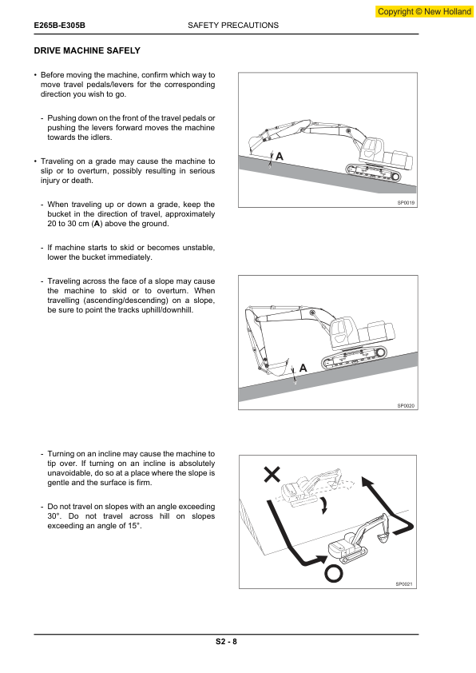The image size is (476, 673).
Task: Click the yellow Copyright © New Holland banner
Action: pos(425,11)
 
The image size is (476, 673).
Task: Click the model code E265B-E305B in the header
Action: pos(60,26)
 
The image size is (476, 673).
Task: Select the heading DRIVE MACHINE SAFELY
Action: pos(87,50)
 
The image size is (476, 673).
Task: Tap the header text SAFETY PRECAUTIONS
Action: pos(233,26)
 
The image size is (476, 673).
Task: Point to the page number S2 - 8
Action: pos(227,642)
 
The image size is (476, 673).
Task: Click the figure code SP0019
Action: pos(406,202)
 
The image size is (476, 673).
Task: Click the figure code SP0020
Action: pos(406,405)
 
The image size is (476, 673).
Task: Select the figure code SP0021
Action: pos(404,584)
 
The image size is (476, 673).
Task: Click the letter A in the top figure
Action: pos(280,156)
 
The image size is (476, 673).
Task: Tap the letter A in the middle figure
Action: pos(303,368)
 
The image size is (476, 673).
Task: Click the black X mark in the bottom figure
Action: pos(272,474)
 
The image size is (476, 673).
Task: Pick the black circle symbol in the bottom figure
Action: pos(334,574)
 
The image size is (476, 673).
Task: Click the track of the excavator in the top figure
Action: pos(374,172)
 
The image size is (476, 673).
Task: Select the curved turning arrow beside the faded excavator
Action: pos(324,505)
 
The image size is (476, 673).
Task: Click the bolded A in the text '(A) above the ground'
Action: pos(97,224)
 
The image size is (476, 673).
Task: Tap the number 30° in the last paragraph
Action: pos(54,516)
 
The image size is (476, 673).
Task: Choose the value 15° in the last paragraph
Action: pos(134,526)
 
